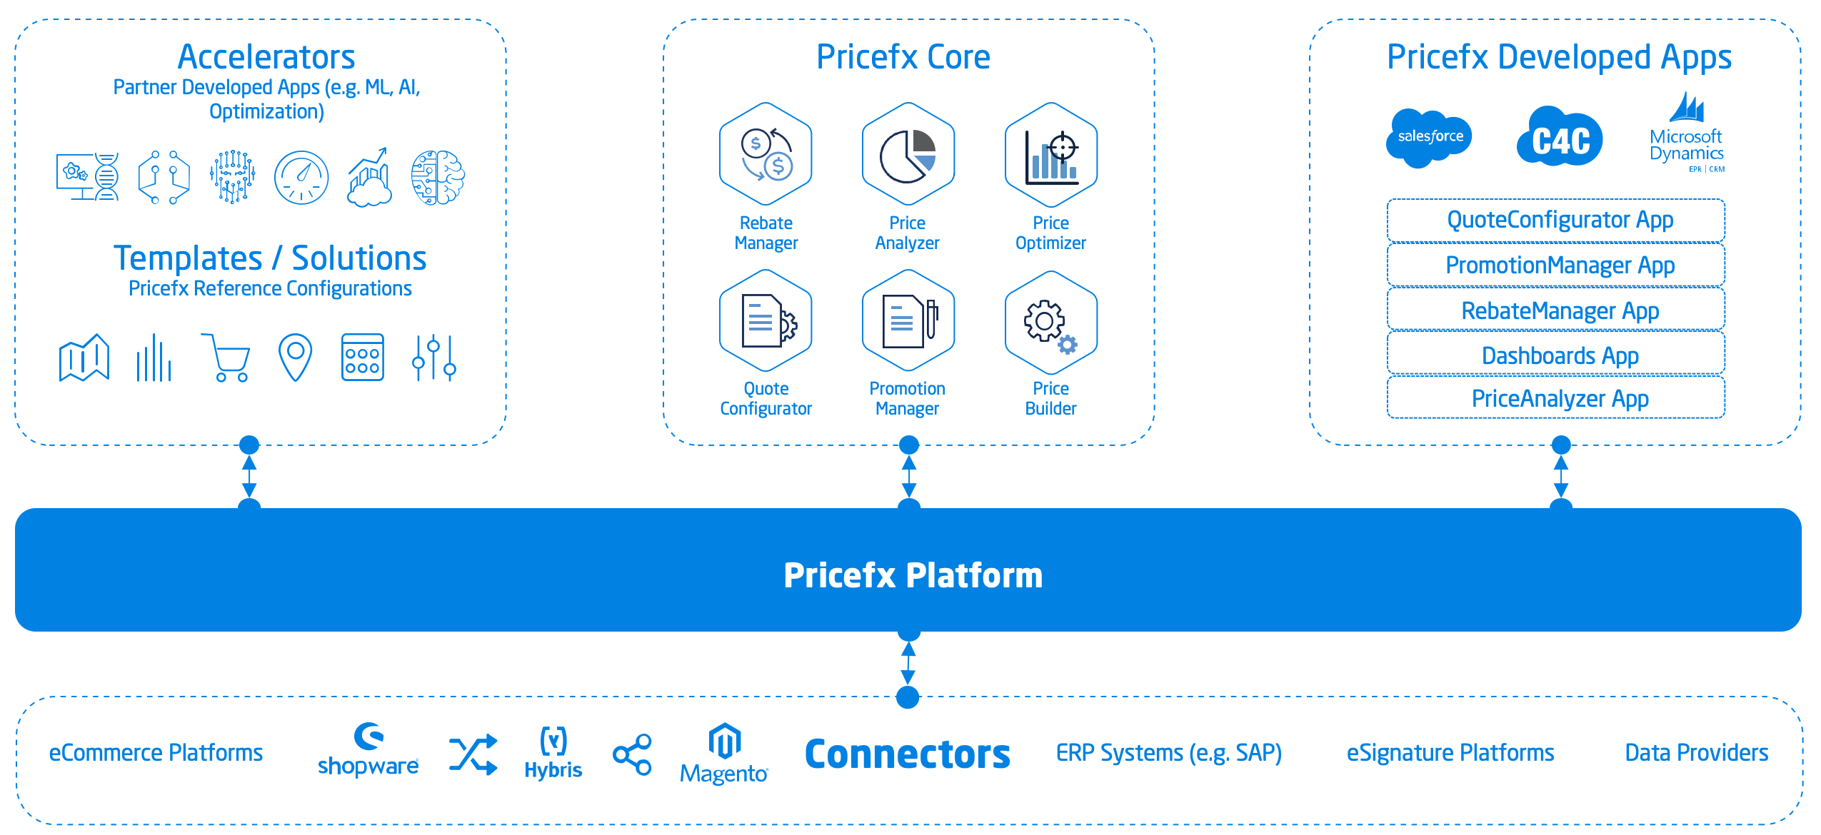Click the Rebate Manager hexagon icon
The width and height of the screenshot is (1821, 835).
(766, 154)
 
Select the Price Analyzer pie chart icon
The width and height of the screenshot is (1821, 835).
(908, 154)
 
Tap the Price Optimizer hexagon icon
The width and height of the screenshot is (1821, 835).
(1050, 154)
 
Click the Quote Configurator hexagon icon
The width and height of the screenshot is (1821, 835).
(766, 320)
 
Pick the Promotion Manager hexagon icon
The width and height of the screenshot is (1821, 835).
(908, 320)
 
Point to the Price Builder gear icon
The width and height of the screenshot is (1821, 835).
(1050, 323)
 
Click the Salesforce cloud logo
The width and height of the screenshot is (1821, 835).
(1429, 137)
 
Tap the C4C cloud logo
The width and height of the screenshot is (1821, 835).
(1560, 137)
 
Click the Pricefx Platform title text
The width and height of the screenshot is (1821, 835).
(913, 575)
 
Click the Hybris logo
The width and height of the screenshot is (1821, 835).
(553, 754)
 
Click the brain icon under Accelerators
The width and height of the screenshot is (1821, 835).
(437, 178)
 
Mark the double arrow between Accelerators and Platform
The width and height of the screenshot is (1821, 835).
(249, 475)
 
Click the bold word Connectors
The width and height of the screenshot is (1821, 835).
(907, 754)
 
